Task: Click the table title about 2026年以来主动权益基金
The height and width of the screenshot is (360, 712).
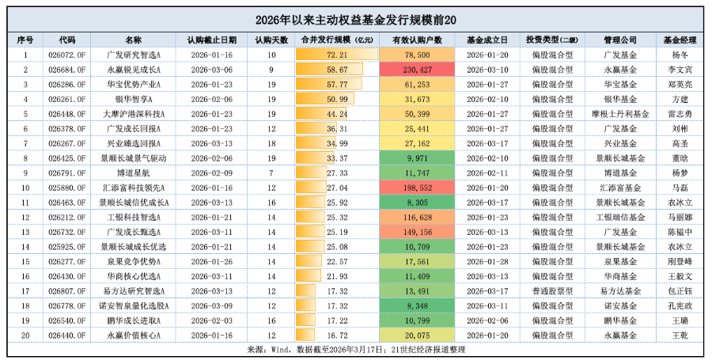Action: (x=356, y=19)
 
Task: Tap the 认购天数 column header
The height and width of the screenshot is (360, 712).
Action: (x=271, y=39)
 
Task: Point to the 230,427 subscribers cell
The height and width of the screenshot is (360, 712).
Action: (x=417, y=70)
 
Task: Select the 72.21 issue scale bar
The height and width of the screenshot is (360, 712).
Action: (x=337, y=55)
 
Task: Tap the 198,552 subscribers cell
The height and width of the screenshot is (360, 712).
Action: (x=417, y=188)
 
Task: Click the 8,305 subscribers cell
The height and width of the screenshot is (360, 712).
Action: (x=417, y=203)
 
